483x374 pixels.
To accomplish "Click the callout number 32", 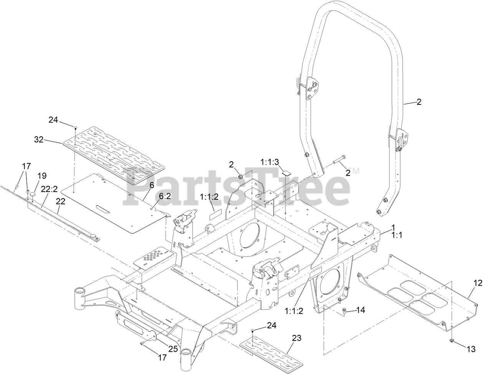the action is click(x=39, y=140).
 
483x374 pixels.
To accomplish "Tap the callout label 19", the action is click(x=42, y=175).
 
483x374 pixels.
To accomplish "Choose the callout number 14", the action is click(x=361, y=309).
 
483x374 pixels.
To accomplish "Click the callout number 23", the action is click(x=296, y=338).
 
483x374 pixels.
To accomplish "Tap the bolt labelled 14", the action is click(x=344, y=312).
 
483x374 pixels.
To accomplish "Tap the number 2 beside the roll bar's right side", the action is click(x=419, y=102).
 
